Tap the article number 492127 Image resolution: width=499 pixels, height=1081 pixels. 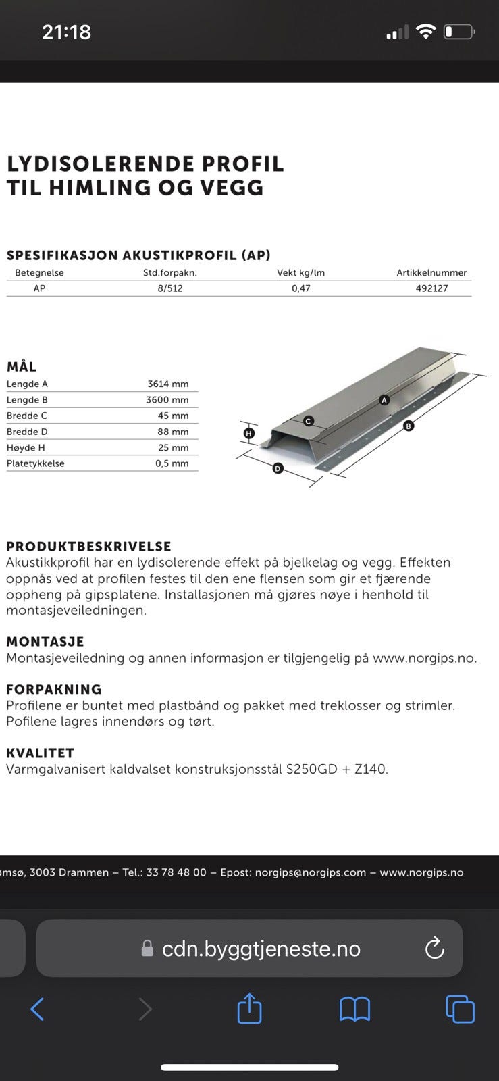point(431,288)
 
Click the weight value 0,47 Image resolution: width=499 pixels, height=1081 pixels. point(300,288)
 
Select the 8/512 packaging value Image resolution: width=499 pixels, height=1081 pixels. point(170,288)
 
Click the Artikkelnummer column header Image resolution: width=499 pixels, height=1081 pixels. point(431,273)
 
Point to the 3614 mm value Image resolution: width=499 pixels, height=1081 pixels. point(168,384)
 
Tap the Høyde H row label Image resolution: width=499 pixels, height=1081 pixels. point(26,448)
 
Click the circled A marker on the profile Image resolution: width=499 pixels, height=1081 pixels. point(384,400)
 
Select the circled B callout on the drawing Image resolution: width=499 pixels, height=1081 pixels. point(408,426)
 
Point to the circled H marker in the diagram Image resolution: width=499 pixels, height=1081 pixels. point(249,433)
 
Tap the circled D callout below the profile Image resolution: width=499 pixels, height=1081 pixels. point(278,468)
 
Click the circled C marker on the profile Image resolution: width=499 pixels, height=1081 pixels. point(308,421)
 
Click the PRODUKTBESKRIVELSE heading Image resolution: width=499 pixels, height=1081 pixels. point(88,547)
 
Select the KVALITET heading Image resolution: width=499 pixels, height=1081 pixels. point(40,753)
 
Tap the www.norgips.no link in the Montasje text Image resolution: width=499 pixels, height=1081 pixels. point(424,658)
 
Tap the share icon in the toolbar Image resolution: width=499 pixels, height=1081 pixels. point(249,1009)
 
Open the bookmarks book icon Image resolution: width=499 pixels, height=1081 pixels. point(354,1009)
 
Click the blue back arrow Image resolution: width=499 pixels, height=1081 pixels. point(38,1009)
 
